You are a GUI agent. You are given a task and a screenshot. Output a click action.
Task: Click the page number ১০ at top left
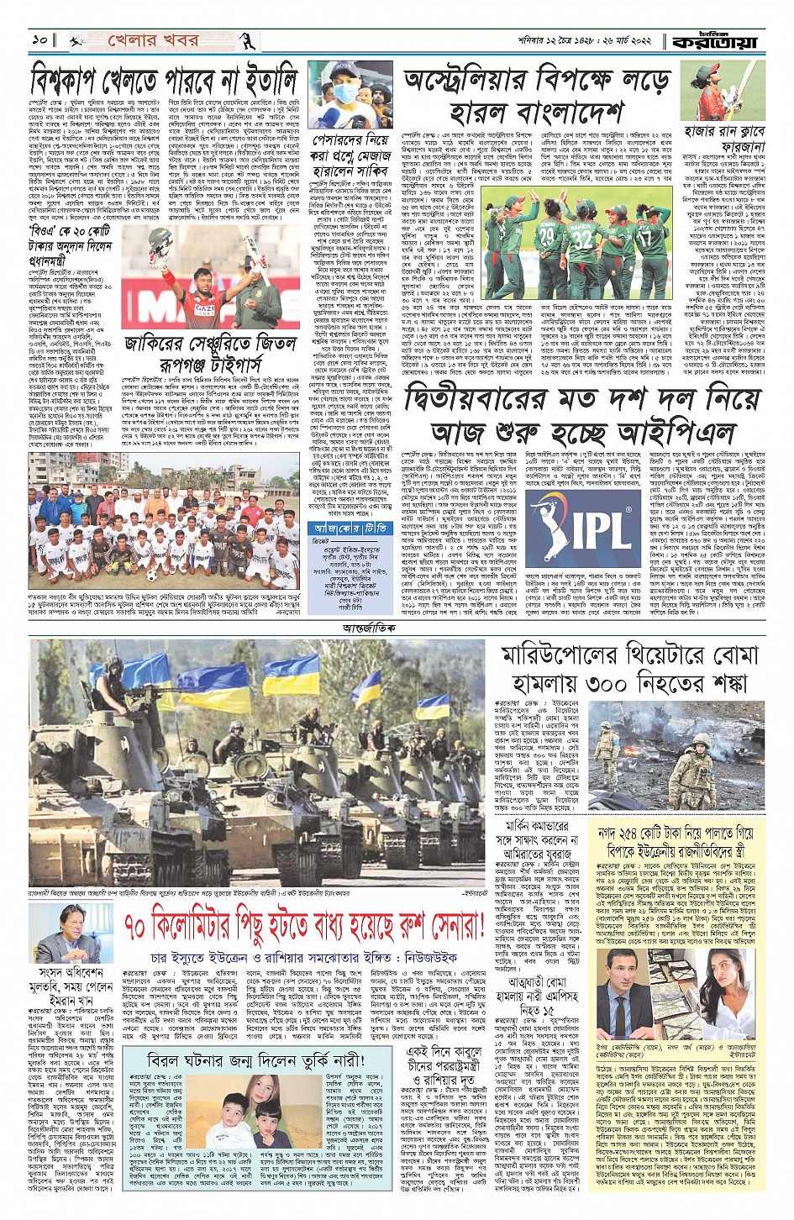tap(38, 40)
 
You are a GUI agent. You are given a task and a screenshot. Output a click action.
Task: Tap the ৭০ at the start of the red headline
tap(140, 928)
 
